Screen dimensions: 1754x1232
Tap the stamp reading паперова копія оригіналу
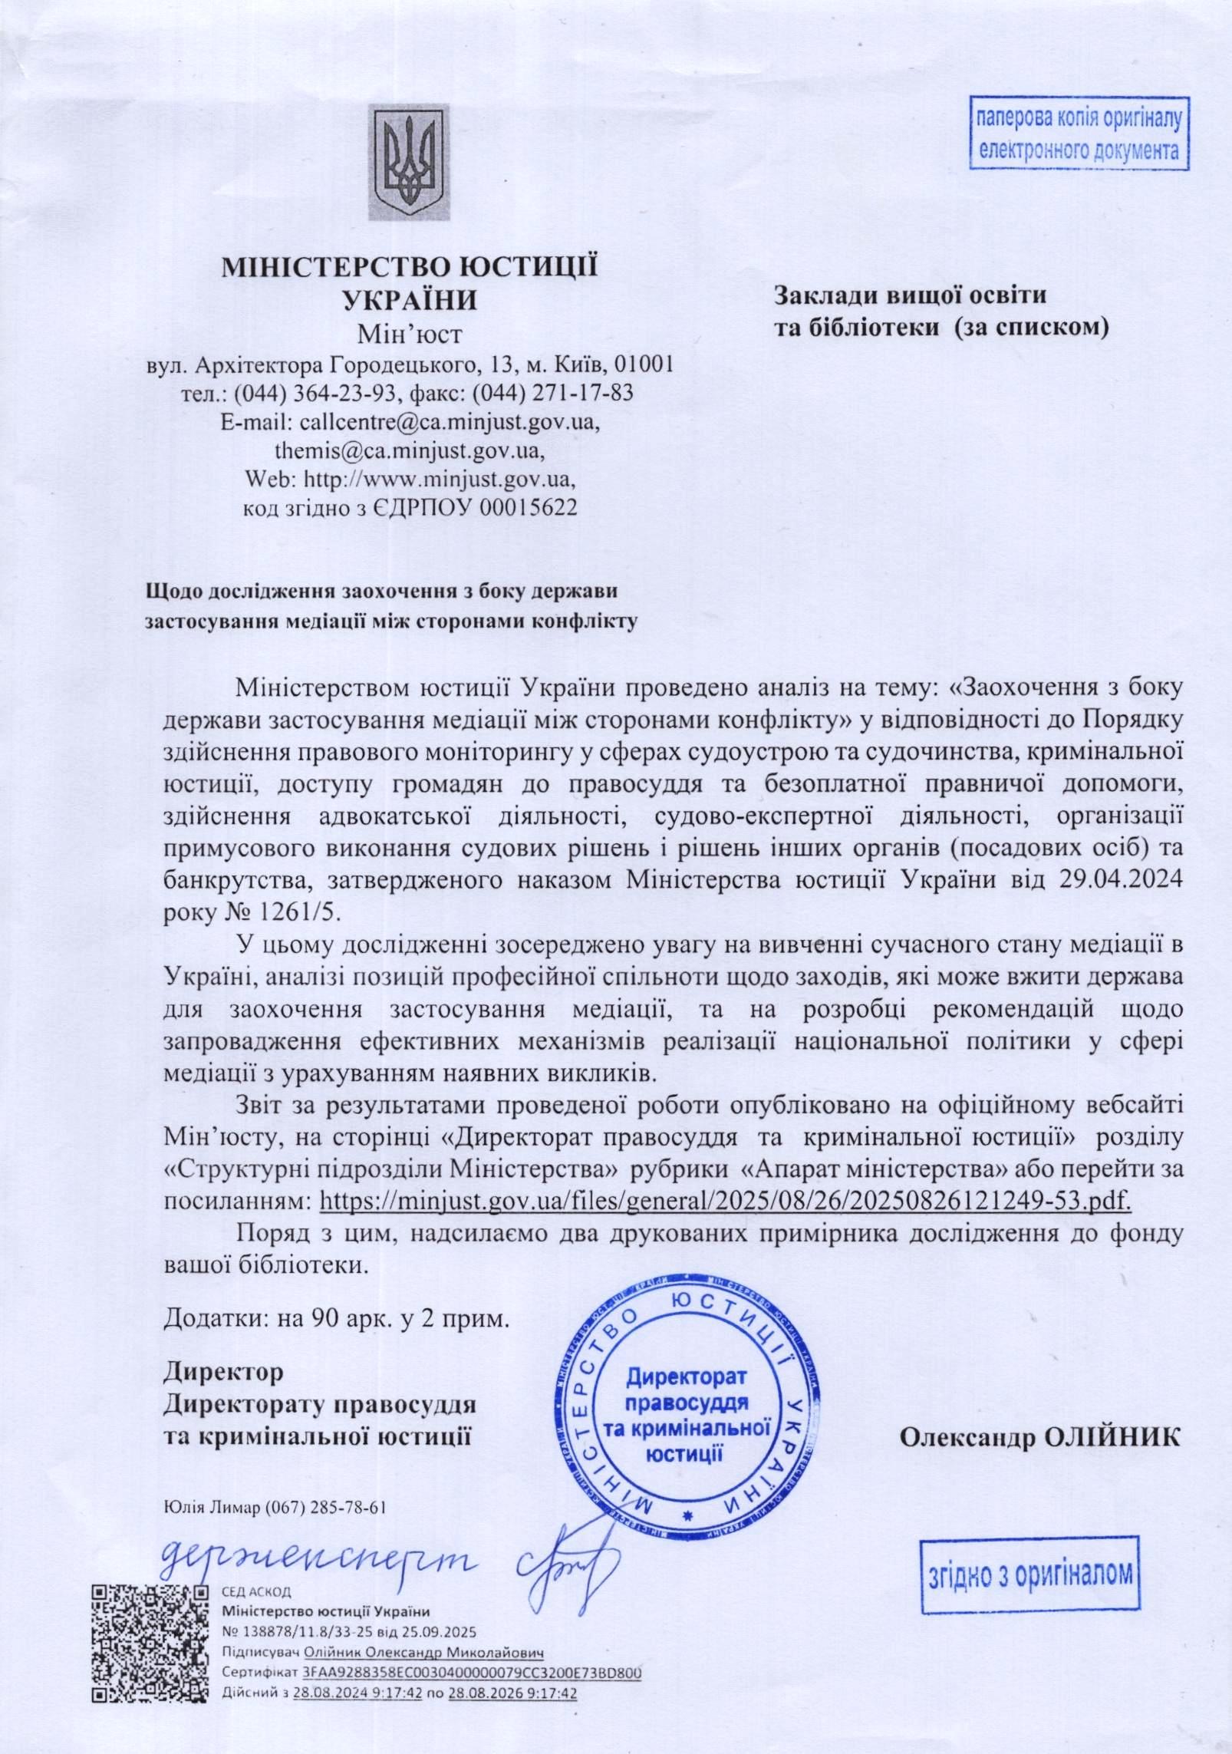(x=1077, y=134)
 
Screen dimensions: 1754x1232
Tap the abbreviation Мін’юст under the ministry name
(x=410, y=334)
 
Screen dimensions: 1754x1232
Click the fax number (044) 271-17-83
(x=553, y=393)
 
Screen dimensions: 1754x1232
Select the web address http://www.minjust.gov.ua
(x=440, y=480)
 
